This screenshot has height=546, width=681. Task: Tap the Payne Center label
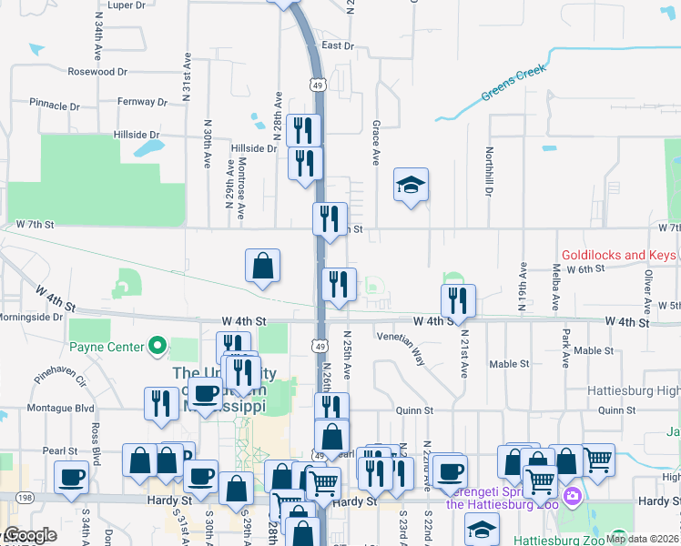pos(107,347)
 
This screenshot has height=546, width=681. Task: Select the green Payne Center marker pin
pos(157,346)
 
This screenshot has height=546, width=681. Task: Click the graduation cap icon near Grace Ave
pos(411,186)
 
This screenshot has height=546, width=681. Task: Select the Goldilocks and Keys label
pos(618,256)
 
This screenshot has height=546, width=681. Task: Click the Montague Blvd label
pos(61,409)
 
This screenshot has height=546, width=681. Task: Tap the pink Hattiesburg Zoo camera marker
pos(572,497)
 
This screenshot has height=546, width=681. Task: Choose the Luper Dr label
pos(127,5)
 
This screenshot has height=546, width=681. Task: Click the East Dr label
pos(337,45)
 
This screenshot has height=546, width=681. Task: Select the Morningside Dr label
pos(32,318)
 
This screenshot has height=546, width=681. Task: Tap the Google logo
pos(30,536)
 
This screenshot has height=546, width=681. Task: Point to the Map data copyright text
pos(641,539)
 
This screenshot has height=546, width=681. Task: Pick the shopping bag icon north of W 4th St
pos(262,267)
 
